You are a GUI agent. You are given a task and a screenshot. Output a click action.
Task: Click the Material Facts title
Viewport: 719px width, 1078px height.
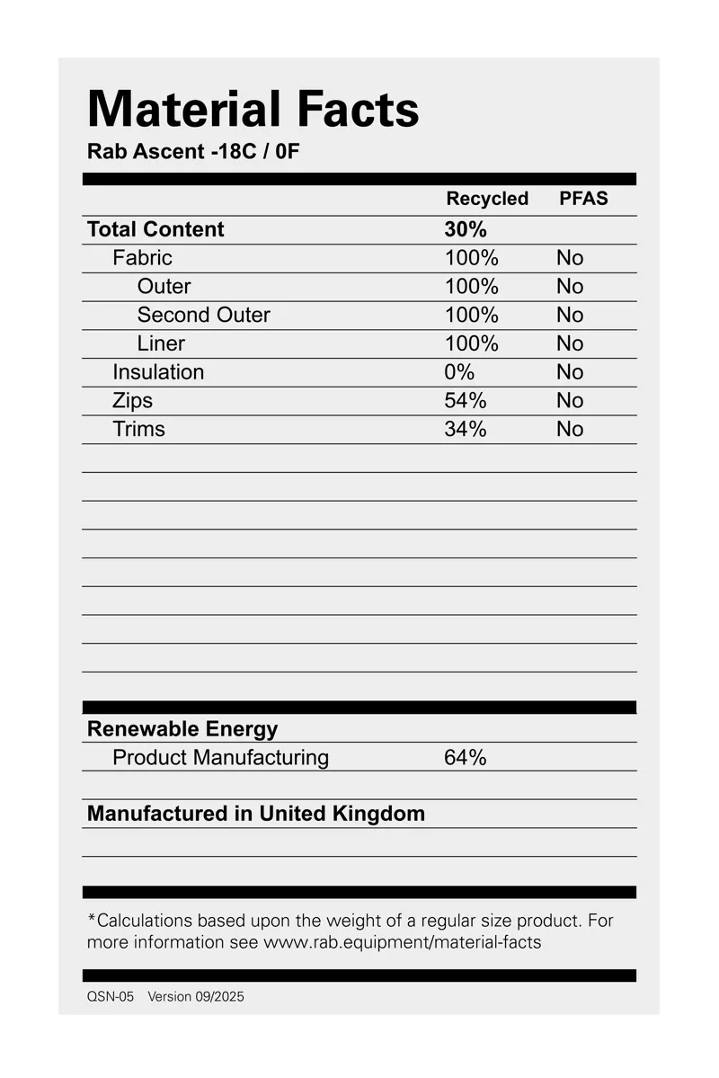pyautogui.click(x=253, y=110)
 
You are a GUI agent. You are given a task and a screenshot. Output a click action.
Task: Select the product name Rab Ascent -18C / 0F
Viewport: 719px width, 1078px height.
pyautogui.click(x=193, y=151)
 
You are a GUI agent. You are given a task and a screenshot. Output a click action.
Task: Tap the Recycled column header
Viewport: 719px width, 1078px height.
pyautogui.click(x=487, y=199)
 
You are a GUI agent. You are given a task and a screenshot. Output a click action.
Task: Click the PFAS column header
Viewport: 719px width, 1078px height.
pyautogui.click(x=583, y=199)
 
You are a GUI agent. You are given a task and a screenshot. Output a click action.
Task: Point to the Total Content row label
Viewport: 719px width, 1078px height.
pyautogui.click(x=155, y=229)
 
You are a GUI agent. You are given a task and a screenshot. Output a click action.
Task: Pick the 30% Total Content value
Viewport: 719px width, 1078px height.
pyautogui.click(x=465, y=229)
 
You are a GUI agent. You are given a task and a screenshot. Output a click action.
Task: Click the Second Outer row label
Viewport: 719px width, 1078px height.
pyautogui.click(x=203, y=315)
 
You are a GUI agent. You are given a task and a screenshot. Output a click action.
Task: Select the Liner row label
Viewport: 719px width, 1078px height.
pyautogui.click(x=161, y=343)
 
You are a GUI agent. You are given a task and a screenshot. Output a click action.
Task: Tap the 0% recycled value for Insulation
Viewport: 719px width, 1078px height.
pyautogui.click(x=458, y=372)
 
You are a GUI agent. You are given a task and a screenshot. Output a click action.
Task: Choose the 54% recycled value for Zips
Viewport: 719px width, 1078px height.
pyautogui.click(x=465, y=401)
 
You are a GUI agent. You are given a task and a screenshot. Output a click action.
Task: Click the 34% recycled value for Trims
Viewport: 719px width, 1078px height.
pyautogui.click(x=465, y=430)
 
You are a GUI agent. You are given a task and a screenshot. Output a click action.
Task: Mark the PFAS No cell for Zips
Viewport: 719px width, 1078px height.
pyautogui.click(x=570, y=401)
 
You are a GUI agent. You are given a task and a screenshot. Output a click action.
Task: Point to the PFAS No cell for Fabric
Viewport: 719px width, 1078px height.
pyautogui.click(x=570, y=258)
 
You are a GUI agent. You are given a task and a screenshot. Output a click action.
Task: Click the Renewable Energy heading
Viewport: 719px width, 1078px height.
pyautogui.click(x=182, y=729)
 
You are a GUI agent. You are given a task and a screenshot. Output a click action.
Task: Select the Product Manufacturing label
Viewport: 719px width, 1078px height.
pyautogui.click(x=220, y=758)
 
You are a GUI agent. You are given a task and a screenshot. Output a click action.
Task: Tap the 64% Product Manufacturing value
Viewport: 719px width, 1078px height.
pyautogui.click(x=465, y=758)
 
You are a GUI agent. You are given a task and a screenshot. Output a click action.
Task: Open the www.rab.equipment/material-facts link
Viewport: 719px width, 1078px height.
pyautogui.click(x=402, y=943)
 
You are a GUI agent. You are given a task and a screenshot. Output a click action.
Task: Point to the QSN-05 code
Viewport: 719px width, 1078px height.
pyautogui.click(x=111, y=997)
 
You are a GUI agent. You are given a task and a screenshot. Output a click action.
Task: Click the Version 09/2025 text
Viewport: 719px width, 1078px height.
pyautogui.click(x=196, y=997)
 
